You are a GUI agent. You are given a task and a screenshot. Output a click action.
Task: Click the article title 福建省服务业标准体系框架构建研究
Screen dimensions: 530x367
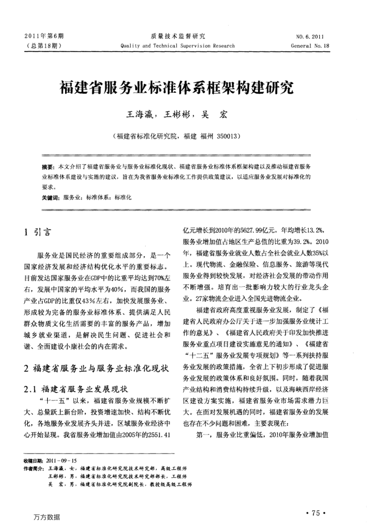pos(183,88)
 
